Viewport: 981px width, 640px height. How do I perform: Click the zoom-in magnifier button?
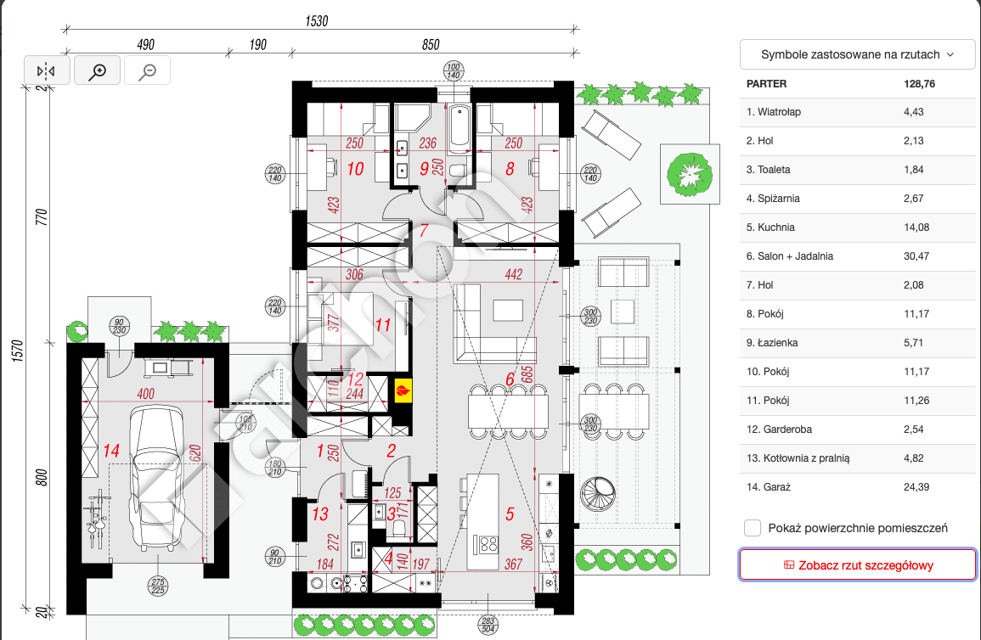(98, 71)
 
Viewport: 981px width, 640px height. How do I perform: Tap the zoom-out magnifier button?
(148, 71)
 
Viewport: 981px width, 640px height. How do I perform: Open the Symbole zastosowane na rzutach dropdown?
(857, 54)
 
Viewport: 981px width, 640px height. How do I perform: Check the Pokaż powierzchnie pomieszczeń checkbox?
(753, 528)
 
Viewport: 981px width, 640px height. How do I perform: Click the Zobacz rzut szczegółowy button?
(857, 564)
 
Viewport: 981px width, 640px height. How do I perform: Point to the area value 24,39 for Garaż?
(918, 487)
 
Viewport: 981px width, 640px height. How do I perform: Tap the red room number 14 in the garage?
(111, 451)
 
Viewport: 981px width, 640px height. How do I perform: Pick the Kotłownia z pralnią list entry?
(798, 458)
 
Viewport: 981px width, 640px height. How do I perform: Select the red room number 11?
(382, 324)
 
